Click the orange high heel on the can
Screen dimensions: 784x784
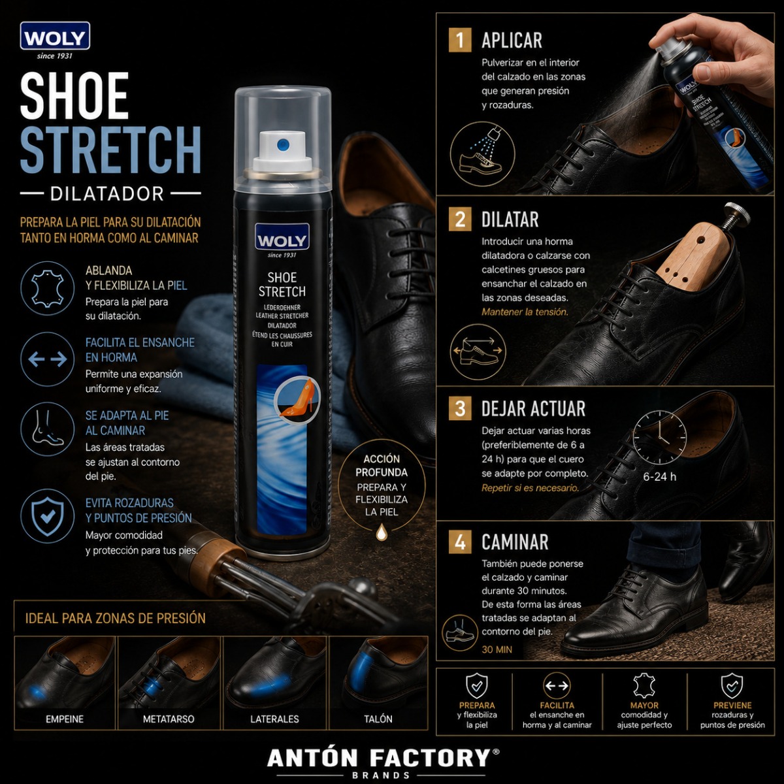(x=297, y=399)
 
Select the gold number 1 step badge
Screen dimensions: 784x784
(x=460, y=40)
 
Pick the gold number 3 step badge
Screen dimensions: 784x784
(x=460, y=408)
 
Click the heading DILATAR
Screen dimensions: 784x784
(x=510, y=220)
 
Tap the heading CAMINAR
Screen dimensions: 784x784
(x=515, y=542)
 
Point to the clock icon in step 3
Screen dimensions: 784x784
(x=659, y=437)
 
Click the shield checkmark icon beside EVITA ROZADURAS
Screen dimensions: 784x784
(x=47, y=516)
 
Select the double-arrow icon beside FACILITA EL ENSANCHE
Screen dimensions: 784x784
(x=47, y=359)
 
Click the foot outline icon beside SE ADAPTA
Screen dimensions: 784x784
(x=47, y=429)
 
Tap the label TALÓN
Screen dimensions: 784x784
(x=378, y=719)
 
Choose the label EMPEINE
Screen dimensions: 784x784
(x=65, y=719)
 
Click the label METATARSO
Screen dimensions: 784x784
(x=169, y=719)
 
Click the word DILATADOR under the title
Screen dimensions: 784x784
(x=107, y=193)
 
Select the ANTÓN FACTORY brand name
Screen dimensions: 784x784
(x=378, y=758)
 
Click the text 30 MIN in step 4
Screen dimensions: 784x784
(x=497, y=649)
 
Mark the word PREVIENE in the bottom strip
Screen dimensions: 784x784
(x=732, y=705)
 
